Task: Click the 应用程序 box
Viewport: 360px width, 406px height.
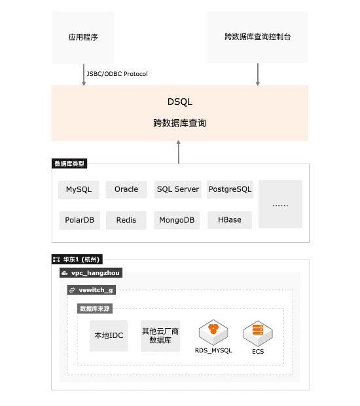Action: pyautogui.click(x=83, y=37)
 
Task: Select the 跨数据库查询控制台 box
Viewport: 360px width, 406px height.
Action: pyautogui.click(x=257, y=37)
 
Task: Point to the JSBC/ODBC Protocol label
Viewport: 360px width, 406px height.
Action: pyautogui.click(x=117, y=74)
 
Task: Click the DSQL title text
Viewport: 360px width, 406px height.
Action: pyautogui.click(x=180, y=101)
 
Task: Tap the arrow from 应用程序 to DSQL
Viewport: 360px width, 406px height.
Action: pyautogui.click(x=84, y=75)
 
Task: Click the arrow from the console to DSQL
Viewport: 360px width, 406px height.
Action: pyautogui.click(x=257, y=74)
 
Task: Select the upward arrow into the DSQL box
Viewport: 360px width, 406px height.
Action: pyautogui.click(x=178, y=152)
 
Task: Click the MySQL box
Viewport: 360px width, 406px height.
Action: pyautogui.click(x=79, y=190)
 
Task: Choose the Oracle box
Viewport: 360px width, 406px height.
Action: pyautogui.click(x=126, y=189)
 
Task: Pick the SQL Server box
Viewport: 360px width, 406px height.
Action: pyautogui.click(x=178, y=189)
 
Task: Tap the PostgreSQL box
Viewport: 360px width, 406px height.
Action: pyautogui.click(x=230, y=189)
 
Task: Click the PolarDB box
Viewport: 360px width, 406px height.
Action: pyautogui.click(x=80, y=220)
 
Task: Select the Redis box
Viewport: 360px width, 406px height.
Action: pyautogui.click(x=126, y=220)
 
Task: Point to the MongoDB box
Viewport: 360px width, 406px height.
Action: pyautogui.click(x=177, y=220)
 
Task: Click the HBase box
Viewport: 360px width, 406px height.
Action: pyautogui.click(x=230, y=220)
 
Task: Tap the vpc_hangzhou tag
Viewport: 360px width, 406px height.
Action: pyautogui.click(x=91, y=273)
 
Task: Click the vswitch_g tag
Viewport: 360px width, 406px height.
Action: pyautogui.click(x=92, y=290)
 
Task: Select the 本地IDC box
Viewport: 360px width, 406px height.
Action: pyautogui.click(x=109, y=336)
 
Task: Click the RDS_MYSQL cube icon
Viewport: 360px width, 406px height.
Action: pyautogui.click(x=213, y=333)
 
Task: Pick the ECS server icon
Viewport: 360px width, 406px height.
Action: pyautogui.click(x=258, y=333)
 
